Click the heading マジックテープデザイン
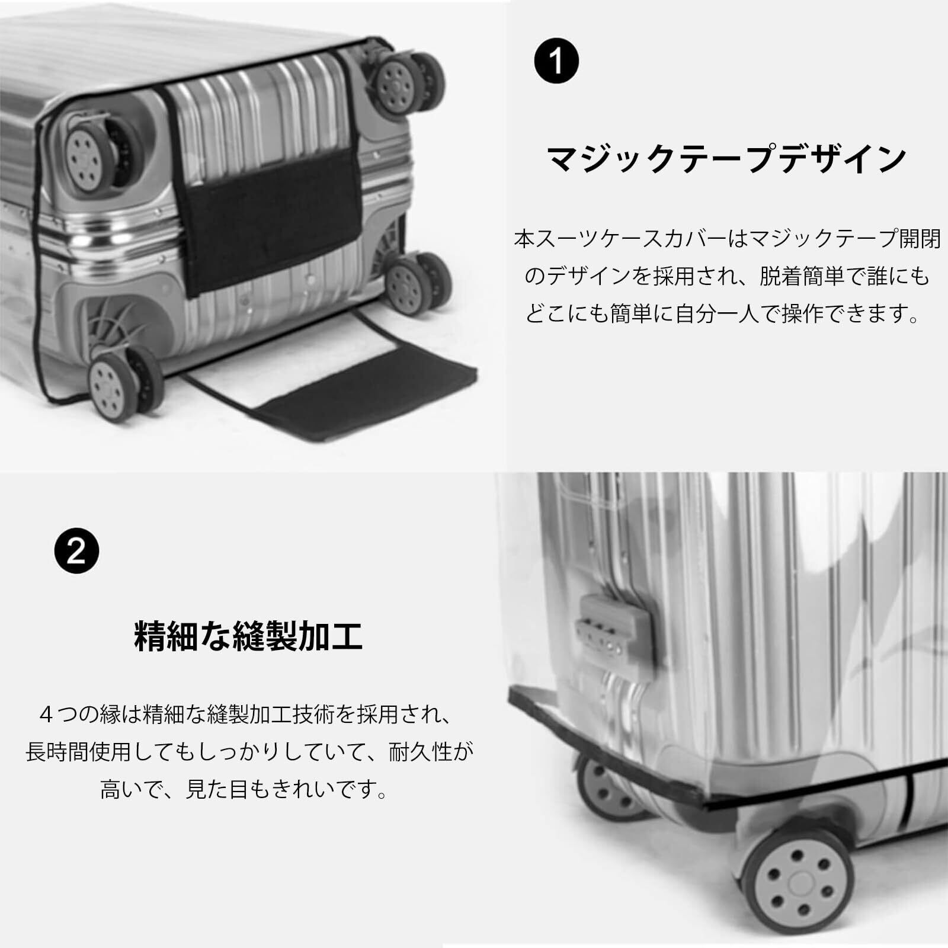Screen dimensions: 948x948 [726, 159]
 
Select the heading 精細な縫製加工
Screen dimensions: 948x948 [249, 635]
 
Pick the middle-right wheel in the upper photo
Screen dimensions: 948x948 [415, 281]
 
